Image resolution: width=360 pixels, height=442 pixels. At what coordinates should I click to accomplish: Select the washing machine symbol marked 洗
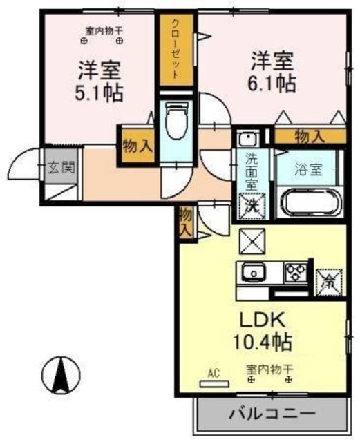point(252,204)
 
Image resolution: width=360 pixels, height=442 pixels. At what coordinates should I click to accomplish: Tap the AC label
point(213,374)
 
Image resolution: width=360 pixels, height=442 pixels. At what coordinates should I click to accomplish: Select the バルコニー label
point(272,415)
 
